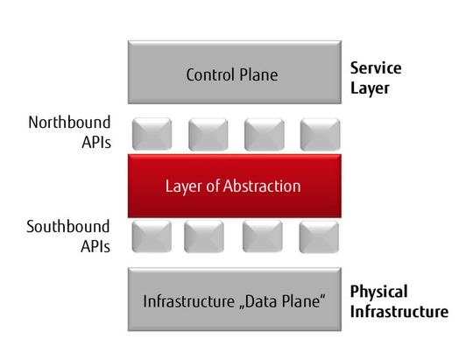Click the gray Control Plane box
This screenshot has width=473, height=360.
tap(231, 74)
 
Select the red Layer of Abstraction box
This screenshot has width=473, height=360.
tap(231, 186)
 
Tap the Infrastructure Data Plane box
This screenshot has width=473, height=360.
tap(233, 301)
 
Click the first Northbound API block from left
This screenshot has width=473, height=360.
tap(152, 134)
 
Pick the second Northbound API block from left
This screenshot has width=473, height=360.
tap(208, 134)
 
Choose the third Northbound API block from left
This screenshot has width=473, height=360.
tap(264, 134)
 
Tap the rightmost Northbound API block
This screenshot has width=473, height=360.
tap(319, 134)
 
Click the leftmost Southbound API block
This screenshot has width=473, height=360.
tap(152, 236)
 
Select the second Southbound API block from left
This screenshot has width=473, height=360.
tap(204, 236)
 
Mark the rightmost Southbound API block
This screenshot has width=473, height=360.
tap(318, 236)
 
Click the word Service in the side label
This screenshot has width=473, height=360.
tap(374, 67)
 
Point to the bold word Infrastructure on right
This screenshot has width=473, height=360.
tap(399, 311)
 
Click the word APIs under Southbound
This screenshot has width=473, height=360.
tap(94, 246)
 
